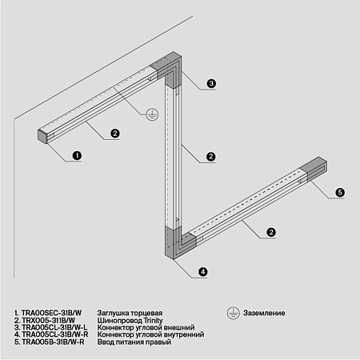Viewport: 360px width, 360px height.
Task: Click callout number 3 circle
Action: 211,83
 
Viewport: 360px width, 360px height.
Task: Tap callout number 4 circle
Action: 202,272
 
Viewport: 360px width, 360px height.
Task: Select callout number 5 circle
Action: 339,193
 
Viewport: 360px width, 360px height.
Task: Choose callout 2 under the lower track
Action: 271,232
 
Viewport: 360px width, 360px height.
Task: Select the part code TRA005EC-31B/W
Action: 49,314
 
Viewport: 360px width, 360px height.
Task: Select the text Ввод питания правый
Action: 136,342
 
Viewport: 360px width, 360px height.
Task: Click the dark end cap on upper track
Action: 44,135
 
